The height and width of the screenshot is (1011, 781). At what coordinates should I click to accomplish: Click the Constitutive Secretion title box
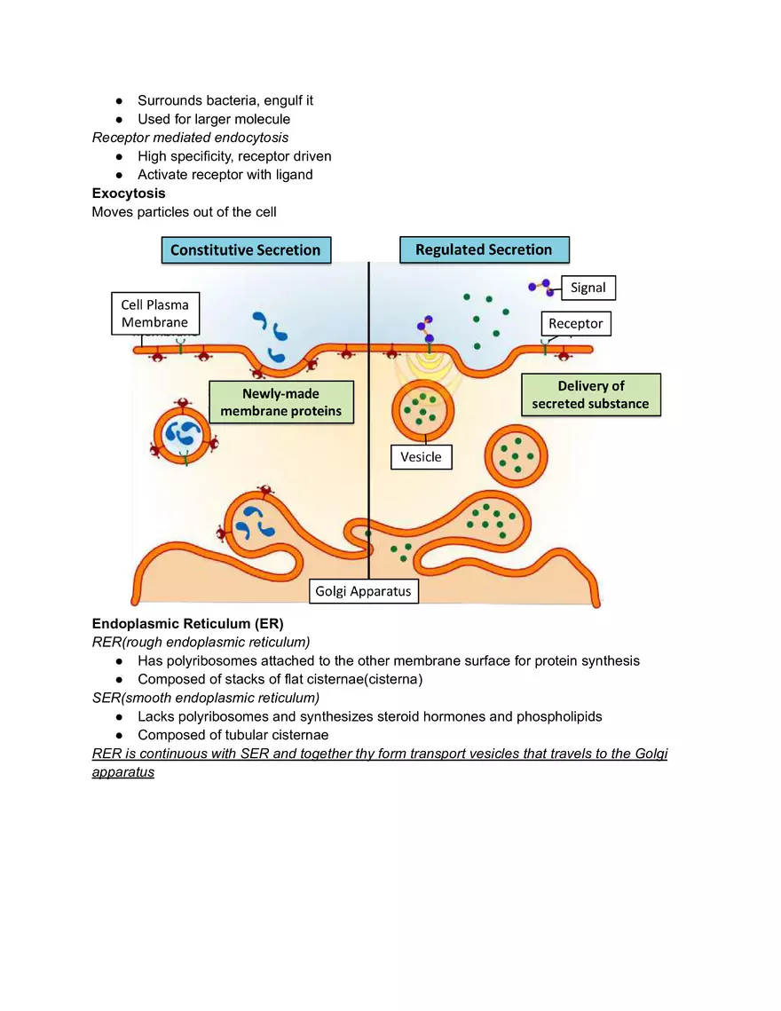pyautogui.click(x=245, y=249)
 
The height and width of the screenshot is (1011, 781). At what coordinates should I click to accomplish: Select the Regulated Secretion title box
pyautogui.click(x=484, y=249)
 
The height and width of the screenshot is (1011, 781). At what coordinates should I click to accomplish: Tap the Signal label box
pyautogui.click(x=588, y=288)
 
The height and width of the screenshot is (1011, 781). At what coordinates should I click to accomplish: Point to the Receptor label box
pyautogui.click(x=575, y=323)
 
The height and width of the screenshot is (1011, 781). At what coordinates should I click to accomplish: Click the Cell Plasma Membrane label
pyautogui.click(x=155, y=314)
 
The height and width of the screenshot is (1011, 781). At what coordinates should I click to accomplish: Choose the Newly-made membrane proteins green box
pyautogui.click(x=280, y=402)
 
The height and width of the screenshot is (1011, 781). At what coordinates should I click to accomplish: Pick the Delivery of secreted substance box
pyautogui.click(x=590, y=394)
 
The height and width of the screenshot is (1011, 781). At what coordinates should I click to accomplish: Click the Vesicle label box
pyautogui.click(x=421, y=457)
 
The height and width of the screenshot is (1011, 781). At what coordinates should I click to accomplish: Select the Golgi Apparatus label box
pyautogui.click(x=364, y=590)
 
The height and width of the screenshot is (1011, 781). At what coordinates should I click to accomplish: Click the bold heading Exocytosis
pyautogui.click(x=129, y=193)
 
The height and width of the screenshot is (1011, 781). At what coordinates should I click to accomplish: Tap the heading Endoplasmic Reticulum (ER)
pyautogui.click(x=187, y=623)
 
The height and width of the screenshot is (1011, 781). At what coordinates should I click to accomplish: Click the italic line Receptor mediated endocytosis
pyautogui.click(x=190, y=138)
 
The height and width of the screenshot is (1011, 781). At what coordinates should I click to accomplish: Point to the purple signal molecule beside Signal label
pyautogui.click(x=540, y=287)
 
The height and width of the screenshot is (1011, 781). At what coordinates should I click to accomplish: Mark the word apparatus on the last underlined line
pyautogui.click(x=123, y=772)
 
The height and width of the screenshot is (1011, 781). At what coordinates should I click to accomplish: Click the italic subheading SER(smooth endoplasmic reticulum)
pyautogui.click(x=206, y=698)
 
